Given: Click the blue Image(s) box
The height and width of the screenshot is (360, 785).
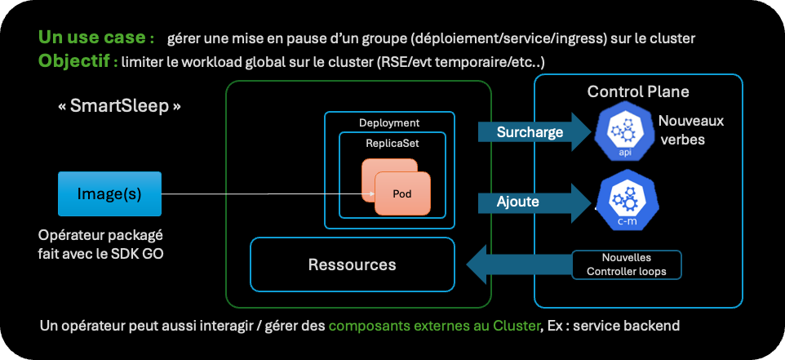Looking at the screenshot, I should point(109,194).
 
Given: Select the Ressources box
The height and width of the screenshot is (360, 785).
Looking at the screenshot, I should point(352,264).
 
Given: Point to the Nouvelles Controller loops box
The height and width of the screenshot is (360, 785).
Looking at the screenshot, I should point(626,264).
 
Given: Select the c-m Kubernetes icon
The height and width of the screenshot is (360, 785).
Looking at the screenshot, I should point(625,201).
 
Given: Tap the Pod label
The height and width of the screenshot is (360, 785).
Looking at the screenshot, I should point(402,193).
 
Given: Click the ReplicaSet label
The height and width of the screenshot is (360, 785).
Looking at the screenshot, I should point(392,142).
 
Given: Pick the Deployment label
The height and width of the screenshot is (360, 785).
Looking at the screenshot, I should point(389,122).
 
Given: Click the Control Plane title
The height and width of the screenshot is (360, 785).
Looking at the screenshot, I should point(638,91).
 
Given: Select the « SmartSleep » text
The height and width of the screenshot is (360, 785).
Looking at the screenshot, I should point(119,106).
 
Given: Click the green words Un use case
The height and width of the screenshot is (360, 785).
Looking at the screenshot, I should point(96,38).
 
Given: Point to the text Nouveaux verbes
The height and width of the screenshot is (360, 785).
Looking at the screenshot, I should point(690,130).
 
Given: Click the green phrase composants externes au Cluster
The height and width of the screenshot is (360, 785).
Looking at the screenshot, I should point(434,327).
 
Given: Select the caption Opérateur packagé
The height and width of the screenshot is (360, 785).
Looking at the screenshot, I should point(99,235).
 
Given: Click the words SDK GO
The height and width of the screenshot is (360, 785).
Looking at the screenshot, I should point(144,253).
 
